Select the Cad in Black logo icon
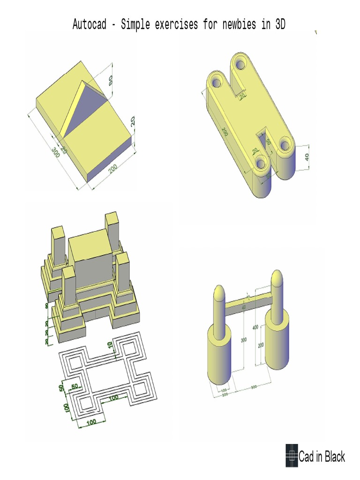tap(292, 455)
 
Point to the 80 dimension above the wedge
tap(111, 80)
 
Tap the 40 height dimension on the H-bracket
tap(307, 157)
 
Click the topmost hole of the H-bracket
tap(241, 61)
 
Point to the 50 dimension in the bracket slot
tap(268, 141)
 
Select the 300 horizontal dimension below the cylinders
tap(254, 387)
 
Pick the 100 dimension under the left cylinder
tap(224, 390)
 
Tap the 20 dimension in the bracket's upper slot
tap(242, 97)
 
